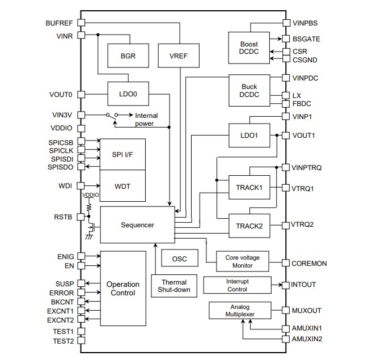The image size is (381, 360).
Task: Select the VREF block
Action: (177, 56)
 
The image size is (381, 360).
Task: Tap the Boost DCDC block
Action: (249, 48)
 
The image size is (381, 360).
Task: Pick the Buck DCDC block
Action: (249, 91)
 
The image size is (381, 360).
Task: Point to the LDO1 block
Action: (249, 135)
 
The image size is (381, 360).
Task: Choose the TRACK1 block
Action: (249, 188)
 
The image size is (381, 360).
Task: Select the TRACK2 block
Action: (249, 225)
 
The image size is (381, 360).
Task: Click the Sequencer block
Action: (137, 225)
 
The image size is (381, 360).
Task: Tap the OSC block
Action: (179, 259)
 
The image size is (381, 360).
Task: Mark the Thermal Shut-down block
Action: (173, 286)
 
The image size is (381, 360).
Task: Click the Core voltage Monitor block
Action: (243, 261)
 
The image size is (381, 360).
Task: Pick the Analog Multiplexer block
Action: (240, 311)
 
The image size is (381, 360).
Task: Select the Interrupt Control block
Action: (237, 285)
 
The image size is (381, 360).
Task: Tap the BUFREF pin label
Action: (59, 23)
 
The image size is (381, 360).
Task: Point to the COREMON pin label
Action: (310, 263)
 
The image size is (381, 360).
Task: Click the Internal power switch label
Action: (146, 120)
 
